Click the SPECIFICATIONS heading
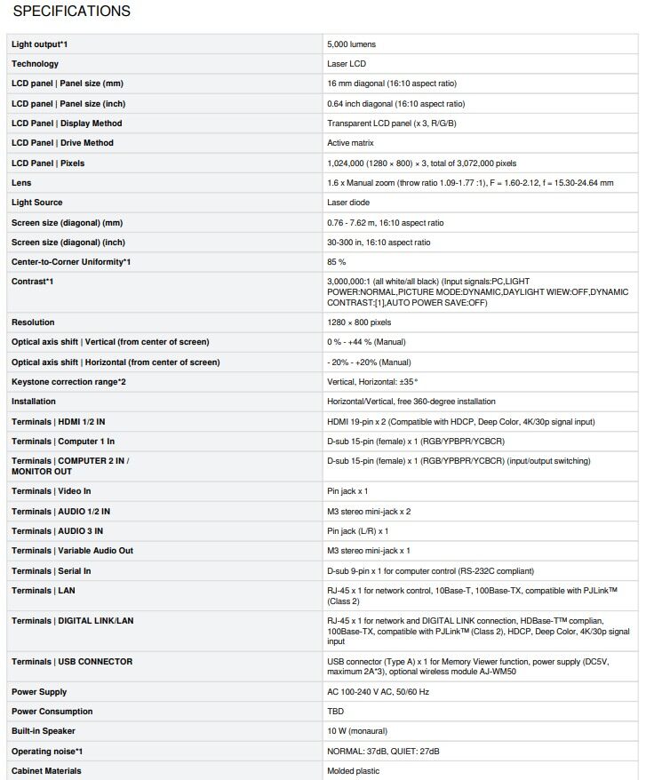pos(71,12)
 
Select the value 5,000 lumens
pos(351,44)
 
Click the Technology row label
pos(35,64)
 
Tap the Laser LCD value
pos(346,64)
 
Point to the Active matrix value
pos(350,143)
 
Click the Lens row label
pos(21,183)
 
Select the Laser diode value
pos(348,203)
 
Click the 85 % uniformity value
pos(336,262)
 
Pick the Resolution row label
pos(33,322)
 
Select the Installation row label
pos(34,402)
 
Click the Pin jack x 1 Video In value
pos(347,491)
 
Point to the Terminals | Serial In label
pos(51,571)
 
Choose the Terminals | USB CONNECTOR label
pos(72,662)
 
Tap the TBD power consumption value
pos(336,712)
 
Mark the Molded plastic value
pos(353,771)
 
